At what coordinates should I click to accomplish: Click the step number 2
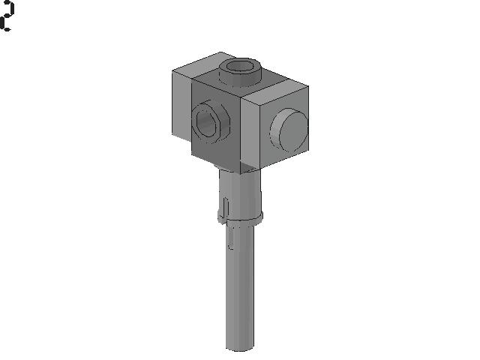pos(7,16)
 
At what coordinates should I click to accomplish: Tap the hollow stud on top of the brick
pos(240,73)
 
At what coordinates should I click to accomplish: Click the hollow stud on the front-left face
pos(208,121)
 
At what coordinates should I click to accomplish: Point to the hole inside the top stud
pos(240,67)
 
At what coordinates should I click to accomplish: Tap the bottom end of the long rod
pos(241,346)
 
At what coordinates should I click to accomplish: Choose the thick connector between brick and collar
pos(241,191)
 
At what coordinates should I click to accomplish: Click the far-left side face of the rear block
pos(181,105)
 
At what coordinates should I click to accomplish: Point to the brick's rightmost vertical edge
pos(308,120)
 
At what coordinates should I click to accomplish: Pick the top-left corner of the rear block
pos(172,70)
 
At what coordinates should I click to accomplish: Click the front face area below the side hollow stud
pos(217,154)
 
